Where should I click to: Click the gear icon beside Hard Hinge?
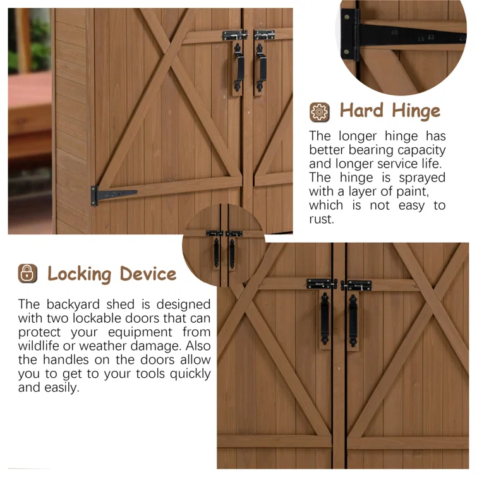point(320,112)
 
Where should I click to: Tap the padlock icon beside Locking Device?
point(27,273)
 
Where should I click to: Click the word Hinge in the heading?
point(416,111)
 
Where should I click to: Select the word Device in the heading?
point(148,274)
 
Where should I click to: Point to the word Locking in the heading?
point(80,275)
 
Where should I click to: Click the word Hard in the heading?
point(361,110)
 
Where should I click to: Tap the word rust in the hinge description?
point(321,219)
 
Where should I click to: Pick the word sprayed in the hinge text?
point(422,178)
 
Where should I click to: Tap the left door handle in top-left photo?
point(238,67)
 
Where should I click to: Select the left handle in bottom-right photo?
point(325,319)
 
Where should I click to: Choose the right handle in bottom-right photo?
point(353,321)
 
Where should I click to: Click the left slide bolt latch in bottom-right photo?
point(322,284)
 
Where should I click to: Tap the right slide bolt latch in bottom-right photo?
point(356,286)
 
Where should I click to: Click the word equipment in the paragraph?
point(140,332)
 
